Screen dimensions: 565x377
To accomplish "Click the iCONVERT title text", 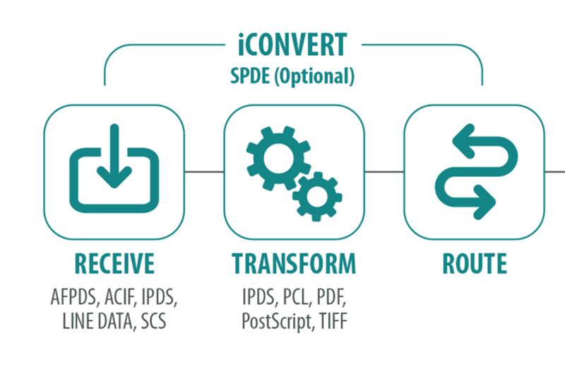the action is (292, 45).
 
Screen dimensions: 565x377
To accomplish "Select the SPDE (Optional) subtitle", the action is (292, 76).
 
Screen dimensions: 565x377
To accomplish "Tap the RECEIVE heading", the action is (114, 264).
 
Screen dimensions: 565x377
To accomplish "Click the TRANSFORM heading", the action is (294, 264).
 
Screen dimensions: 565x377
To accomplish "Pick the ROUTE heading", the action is (475, 264).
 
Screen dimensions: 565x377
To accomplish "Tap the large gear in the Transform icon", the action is (278, 158).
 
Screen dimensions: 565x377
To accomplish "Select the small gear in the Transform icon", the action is (317, 197).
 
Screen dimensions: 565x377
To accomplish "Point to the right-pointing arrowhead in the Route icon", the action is (484, 202).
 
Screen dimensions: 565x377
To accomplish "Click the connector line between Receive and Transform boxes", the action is (204, 172).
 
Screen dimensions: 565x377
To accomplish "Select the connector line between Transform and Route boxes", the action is (384, 172).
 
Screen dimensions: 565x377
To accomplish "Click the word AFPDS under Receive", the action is (75, 297).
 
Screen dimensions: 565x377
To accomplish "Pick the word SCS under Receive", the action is (153, 321).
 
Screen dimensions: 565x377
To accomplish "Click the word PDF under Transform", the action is (331, 297).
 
